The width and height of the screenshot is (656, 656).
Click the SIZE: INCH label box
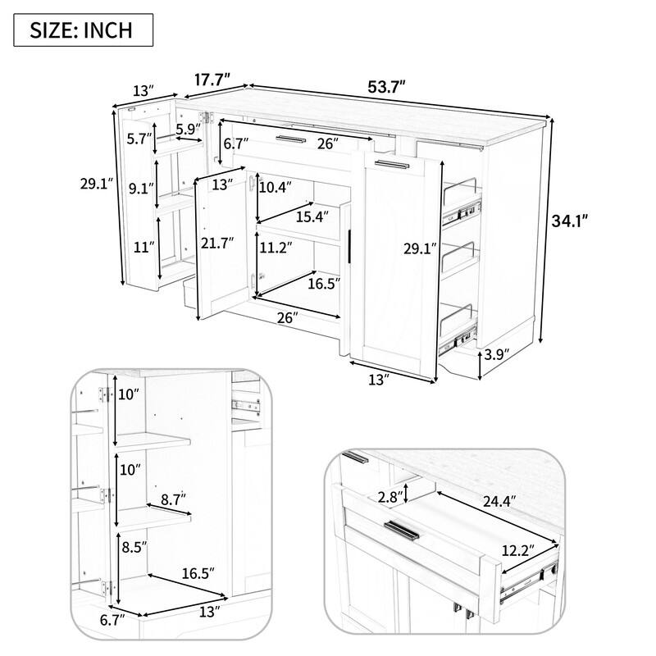pyautogui.click(x=83, y=30)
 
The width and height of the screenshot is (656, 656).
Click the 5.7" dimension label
pyautogui.click(x=139, y=139)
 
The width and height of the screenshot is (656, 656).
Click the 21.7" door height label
pyautogui.click(x=217, y=243)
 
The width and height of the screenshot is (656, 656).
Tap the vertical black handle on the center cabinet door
pyautogui.click(x=350, y=246)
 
